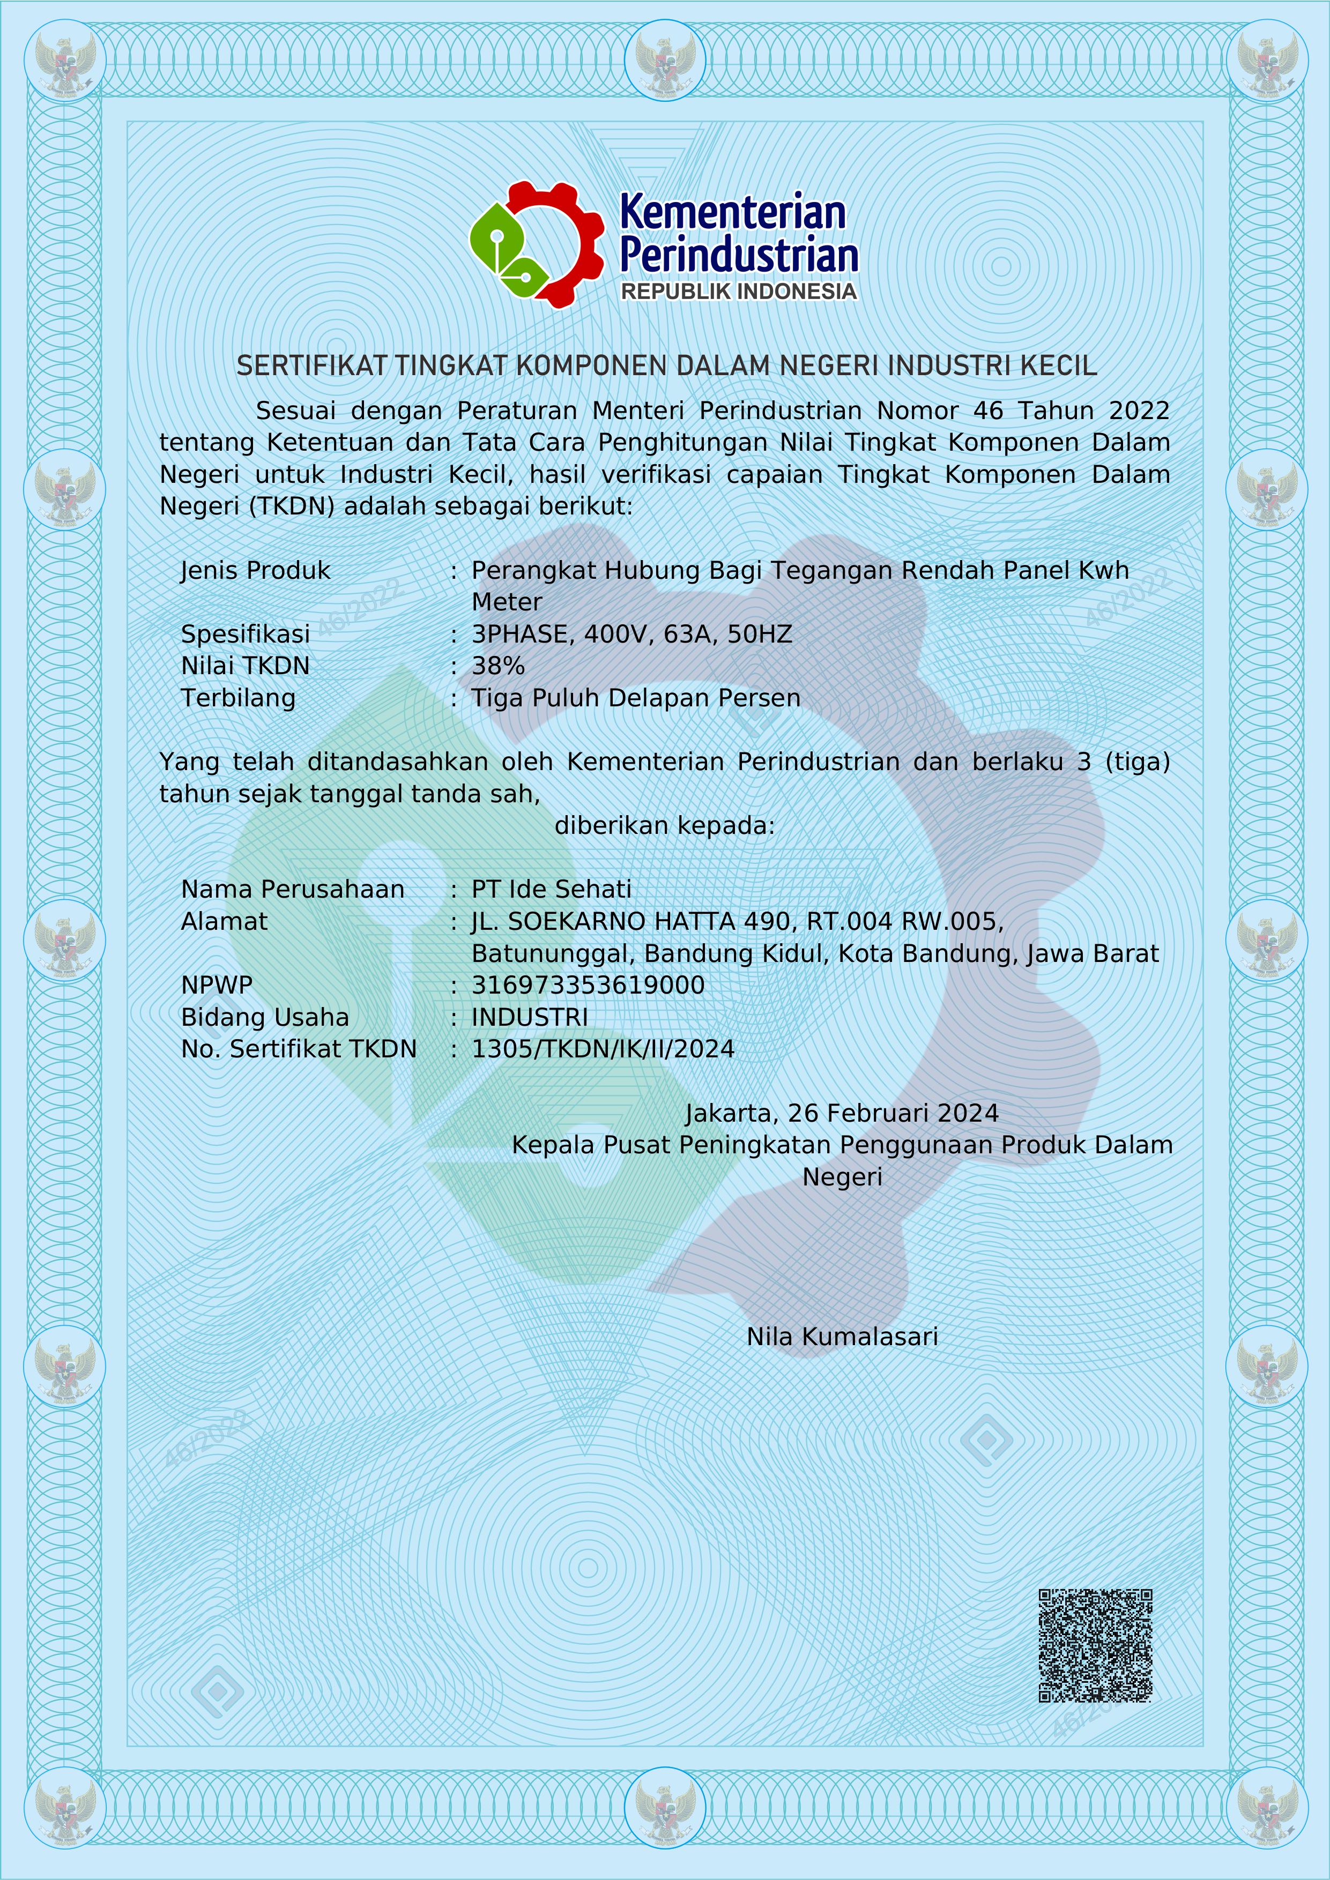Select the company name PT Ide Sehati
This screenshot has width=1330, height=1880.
click(551, 889)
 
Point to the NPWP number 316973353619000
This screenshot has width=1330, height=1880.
click(588, 985)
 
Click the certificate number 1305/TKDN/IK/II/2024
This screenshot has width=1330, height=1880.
click(603, 1049)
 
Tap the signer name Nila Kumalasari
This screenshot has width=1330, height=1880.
click(842, 1336)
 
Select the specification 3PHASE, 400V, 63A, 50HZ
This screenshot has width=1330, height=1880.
click(631, 634)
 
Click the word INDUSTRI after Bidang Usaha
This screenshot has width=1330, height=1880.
click(530, 1017)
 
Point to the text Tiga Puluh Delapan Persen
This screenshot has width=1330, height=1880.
click(636, 698)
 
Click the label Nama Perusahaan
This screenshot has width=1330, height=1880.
click(292, 889)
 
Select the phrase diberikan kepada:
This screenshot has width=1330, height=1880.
click(664, 825)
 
